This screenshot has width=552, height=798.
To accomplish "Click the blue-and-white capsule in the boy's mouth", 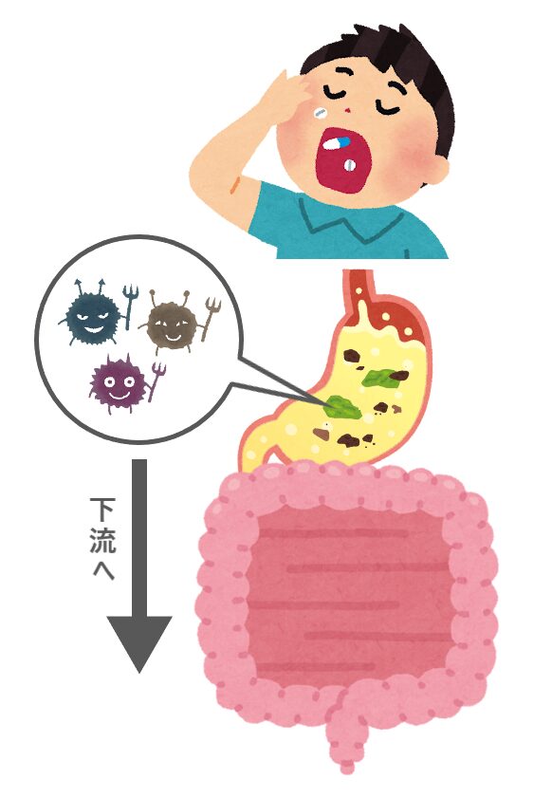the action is coord(337,143).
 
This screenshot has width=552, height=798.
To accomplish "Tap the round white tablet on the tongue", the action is coord(350,165).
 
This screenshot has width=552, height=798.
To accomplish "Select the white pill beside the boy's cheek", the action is coord(320,113).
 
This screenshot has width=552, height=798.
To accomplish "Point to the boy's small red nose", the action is coord(348,110).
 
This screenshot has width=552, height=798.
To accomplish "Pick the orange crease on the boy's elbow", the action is coord(235,184).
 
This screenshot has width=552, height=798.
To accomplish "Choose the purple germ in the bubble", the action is coord(117,383).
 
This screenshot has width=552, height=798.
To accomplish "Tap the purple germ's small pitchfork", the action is coord(156,380).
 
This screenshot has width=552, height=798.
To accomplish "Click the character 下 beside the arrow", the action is coord(102,510).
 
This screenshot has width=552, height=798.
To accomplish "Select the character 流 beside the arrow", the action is coord(102,541).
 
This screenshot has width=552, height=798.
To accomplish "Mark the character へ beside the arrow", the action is coord(103,570).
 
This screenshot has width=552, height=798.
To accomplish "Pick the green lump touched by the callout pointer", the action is coord(343,407).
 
